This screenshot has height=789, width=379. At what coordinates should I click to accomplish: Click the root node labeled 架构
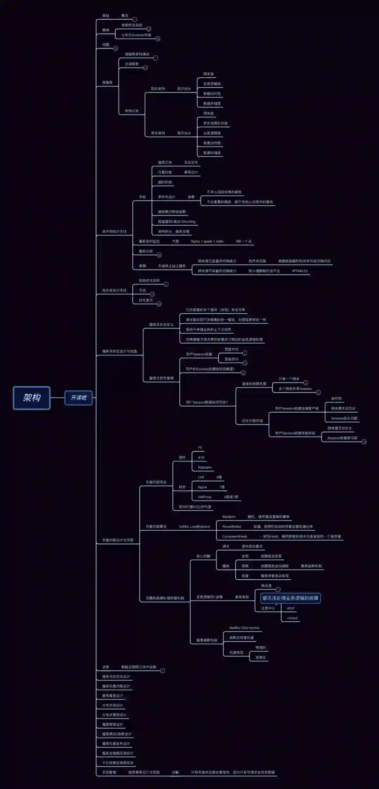pyautogui.click(x=32, y=397)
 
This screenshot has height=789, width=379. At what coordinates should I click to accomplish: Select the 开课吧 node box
pyautogui.click(x=79, y=397)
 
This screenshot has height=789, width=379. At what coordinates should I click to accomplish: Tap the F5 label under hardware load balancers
pyautogui.click(x=200, y=448)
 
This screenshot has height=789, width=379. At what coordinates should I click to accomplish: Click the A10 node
pyautogui.click(x=201, y=457)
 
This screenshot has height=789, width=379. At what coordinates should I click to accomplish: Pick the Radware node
pyautogui.click(x=205, y=467)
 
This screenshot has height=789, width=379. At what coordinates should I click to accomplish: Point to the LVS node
pyautogui.click(x=201, y=477)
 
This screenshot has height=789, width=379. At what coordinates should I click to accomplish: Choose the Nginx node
pyautogui.click(x=202, y=487)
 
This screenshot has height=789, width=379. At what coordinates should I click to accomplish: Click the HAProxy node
pyautogui.click(x=205, y=497)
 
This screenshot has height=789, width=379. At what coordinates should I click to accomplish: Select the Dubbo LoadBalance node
pyautogui.click(x=194, y=526)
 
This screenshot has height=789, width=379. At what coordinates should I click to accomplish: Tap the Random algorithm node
pyautogui.click(x=229, y=517)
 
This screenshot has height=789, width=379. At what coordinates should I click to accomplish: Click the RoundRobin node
pyautogui.click(x=232, y=526)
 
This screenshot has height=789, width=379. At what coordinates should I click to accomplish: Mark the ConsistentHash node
pyautogui.click(x=235, y=536)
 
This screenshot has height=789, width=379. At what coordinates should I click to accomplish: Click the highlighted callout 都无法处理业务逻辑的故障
pyautogui.click(x=290, y=598)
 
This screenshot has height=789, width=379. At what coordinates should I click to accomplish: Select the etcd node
pyautogui.click(x=291, y=608)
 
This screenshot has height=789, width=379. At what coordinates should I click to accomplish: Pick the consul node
pyautogui.click(x=292, y=618)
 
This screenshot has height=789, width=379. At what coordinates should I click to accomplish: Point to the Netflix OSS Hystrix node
pyautogui.click(x=244, y=628)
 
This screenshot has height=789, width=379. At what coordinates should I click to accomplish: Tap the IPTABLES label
pyautogui.click(x=300, y=271)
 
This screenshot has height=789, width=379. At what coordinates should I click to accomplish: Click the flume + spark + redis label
pyautogui.click(x=207, y=241)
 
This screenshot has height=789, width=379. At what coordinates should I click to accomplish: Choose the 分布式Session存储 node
pyautogui.click(x=136, y=35)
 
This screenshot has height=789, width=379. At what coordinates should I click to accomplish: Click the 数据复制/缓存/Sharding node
pyautogui.click(x=177, y=222)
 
